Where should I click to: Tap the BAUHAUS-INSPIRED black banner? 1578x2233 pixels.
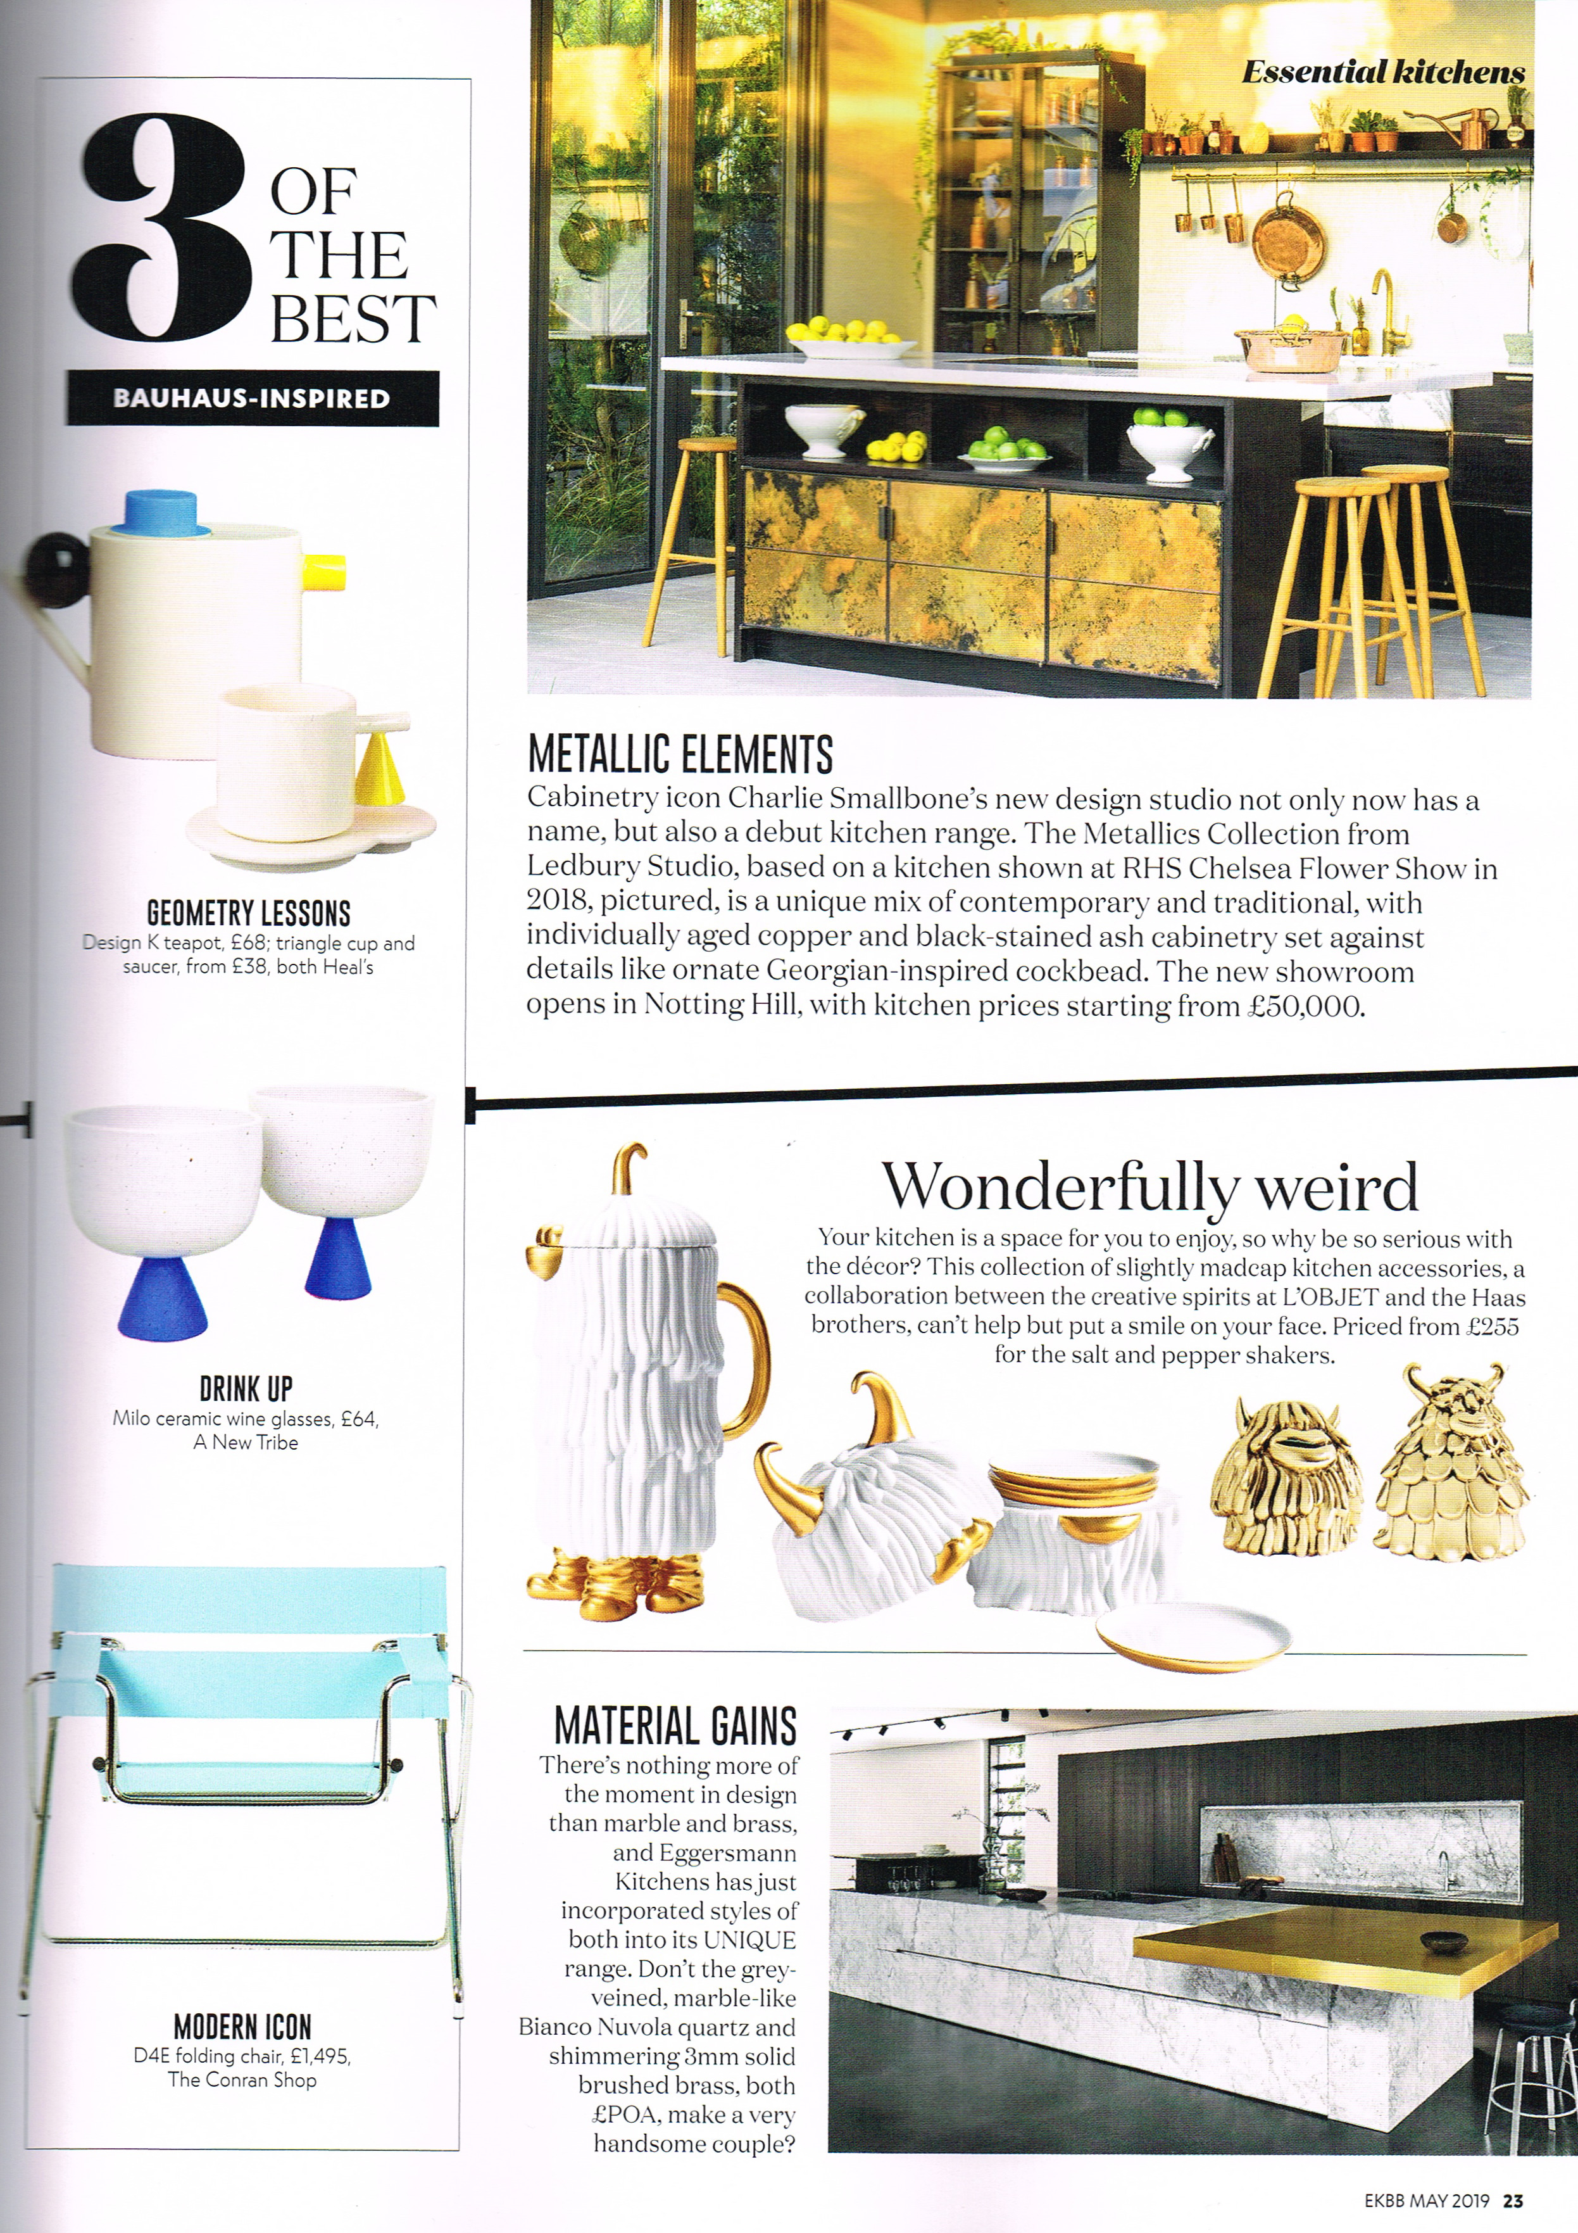click(x=252, y=399)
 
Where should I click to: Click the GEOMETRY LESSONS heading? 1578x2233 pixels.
click(x=248, y=913)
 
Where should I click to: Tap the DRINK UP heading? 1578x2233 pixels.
click(x=246, y=1388)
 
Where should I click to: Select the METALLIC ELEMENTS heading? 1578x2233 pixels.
click(x=680, y=754)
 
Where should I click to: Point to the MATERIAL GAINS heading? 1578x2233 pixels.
click(x=675, y=1727)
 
